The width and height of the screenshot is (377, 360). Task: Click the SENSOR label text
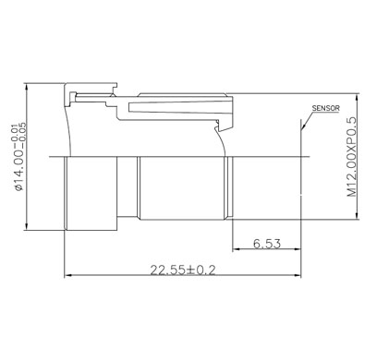coord(325,108)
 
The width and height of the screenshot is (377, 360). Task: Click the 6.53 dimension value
coord(267,244)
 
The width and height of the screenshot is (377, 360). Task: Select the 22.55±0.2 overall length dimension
coord(183,270)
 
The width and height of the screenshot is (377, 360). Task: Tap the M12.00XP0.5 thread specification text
coord(351,157)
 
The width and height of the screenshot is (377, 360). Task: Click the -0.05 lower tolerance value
coord(22,133)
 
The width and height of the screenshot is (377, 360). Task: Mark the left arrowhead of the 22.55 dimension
coord(67,275)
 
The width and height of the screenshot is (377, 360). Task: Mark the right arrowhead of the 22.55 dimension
coord(298,275)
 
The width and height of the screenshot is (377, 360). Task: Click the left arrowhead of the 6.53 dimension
coord(236,248)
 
